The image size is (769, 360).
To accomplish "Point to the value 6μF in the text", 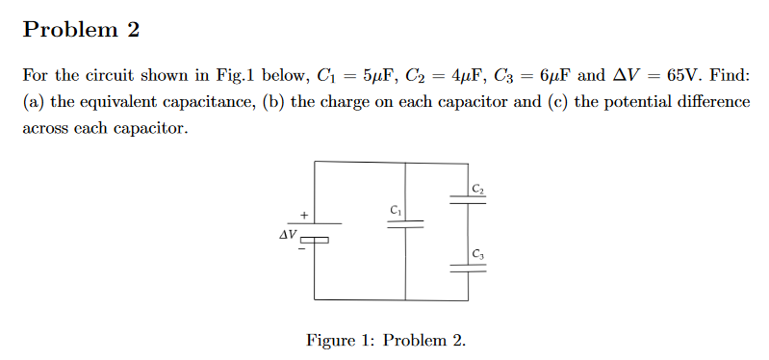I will tap(553, 75).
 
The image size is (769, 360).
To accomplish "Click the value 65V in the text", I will tap(683, 75).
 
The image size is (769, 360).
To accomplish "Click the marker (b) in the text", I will tap(274, 102).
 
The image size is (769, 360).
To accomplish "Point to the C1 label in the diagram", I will tap(396, 208).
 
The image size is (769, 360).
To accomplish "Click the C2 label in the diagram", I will tap(478, 186).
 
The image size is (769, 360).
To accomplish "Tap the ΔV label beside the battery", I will tap(286, 234).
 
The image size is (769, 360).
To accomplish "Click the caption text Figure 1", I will tap(344, 340).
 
